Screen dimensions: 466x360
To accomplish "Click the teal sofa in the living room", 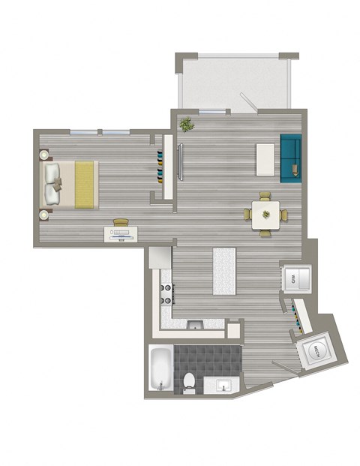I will tap(291, 158).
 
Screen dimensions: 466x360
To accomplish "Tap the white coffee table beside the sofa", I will tap(265, 158).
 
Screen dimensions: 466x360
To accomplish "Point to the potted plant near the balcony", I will tap(186, 124).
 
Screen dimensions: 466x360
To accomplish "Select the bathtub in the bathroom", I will tap(159, 371).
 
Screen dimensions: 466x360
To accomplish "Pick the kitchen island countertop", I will tap(224, 271).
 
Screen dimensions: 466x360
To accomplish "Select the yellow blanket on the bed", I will tap(85, 185).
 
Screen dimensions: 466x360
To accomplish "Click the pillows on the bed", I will tap(53, 185).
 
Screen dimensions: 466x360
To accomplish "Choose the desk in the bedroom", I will tap(121, 233).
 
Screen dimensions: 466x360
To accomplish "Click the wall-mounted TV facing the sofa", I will tap(179, 161).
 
